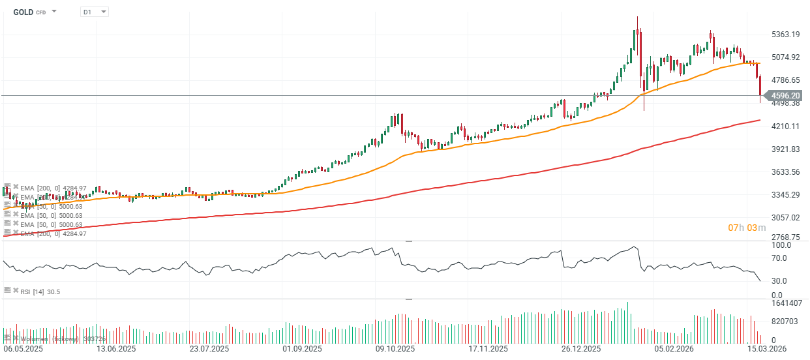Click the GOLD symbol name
(x=23, y=12)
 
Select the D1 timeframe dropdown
(x=94, y=12)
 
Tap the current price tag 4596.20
(x=785, y=95)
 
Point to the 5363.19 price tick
(x=786, y=34)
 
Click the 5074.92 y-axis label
(x=786, y=57)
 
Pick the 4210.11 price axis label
(x=786, y=126)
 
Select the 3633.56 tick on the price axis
(x=786, y=172)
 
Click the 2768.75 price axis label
(x=786, y=237)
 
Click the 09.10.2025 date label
(x=395, y=350)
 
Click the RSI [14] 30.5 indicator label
(x=40, y=292)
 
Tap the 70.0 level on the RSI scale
(x=781, y=258)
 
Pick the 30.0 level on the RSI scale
(x=781, y=281)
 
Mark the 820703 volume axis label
(x=785, y=322)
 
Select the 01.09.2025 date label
(x=302, y=350)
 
